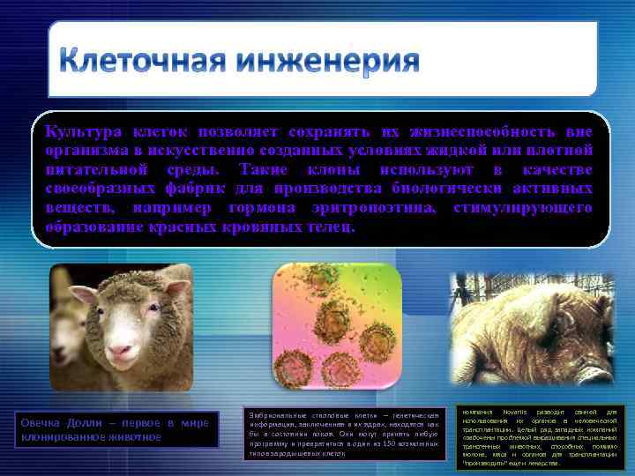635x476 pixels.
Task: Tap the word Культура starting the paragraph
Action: (x=78, y=131)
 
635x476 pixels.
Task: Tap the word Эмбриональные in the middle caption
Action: (x=278, y=413)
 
